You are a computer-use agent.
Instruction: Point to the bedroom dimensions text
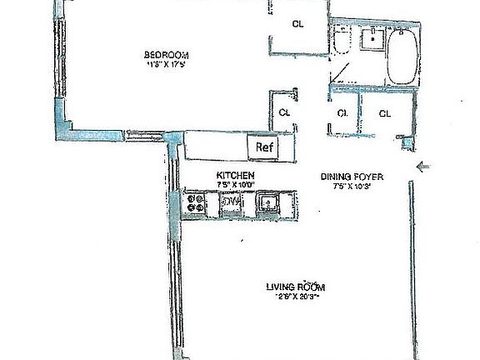click(163, 66)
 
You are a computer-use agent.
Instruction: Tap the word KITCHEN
click(235, 175)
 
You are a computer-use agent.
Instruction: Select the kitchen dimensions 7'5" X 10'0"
click(236, 184)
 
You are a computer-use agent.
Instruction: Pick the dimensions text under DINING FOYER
click(350, 185)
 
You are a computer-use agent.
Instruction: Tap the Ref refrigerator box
click(264, 147)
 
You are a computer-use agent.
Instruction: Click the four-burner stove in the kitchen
click(197, 203)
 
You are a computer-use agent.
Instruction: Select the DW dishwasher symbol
click(230, 202)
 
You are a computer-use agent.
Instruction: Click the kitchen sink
click(268, 202)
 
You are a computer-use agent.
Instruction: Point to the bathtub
click(402, 55)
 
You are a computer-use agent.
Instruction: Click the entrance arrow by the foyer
click(423, 167)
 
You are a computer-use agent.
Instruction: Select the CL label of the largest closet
click(297, 24)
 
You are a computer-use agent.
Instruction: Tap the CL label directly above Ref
click(284, 112)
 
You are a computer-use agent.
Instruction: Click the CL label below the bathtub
click(385, 112)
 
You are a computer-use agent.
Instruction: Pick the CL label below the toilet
click(342, 112)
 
